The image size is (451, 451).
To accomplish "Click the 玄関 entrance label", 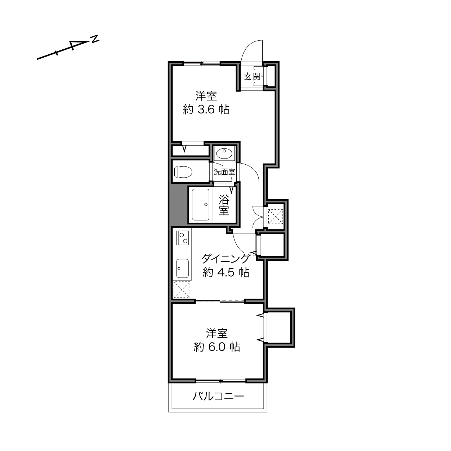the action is click(252, 76).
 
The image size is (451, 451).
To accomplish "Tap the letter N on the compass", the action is click(95, 39).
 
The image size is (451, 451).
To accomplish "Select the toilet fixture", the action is click(183, 172).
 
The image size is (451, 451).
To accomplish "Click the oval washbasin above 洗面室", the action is click(224, 153).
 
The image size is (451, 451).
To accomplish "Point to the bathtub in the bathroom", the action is click(201, 205).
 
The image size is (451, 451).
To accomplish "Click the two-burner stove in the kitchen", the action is click(183, 238).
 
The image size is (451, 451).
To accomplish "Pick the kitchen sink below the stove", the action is click(183, 268).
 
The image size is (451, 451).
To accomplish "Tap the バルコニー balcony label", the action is click(218, 396).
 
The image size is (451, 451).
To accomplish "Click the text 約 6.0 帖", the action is click(217, 347).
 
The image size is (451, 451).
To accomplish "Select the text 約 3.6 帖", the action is click(206, 109).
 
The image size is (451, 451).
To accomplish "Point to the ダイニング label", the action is click(225, 259).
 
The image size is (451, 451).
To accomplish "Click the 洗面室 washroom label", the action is click(224, 172).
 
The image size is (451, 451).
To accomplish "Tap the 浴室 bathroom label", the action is click(224, 205).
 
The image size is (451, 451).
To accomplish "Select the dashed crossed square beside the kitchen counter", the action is click(182, 290).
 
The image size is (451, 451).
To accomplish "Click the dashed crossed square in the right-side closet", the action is click(276, 217).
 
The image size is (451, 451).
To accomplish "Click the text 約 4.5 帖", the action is click(226, 272).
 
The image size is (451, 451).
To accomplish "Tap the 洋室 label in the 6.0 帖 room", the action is click(217, 334).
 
